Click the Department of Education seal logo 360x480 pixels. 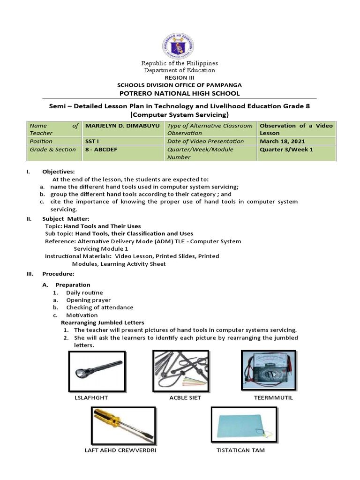(180, 42)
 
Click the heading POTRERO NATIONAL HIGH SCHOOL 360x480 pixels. (180, 93)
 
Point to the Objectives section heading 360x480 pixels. (58, 172)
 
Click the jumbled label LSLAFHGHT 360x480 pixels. (91, 397)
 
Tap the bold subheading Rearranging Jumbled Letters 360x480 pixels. (103, 322)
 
